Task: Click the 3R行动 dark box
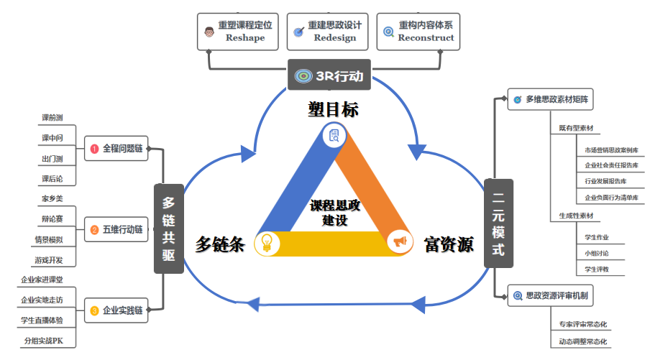coord(329,75)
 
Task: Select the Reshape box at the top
coord(237,31)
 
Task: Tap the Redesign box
coord(326,31)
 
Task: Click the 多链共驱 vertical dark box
coord(168,229)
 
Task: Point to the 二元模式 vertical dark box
coord(498,223)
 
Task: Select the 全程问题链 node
coord(116,149)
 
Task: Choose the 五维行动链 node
coord(116,231)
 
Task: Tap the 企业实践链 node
coord(116,311)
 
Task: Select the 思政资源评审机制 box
coord(550,295)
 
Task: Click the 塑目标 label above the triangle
coord(334,109)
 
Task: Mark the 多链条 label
coord(220,244)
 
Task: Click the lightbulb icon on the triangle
coord(267,242)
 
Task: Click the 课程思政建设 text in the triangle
coord(335,213)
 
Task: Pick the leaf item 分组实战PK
coord(49,340)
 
